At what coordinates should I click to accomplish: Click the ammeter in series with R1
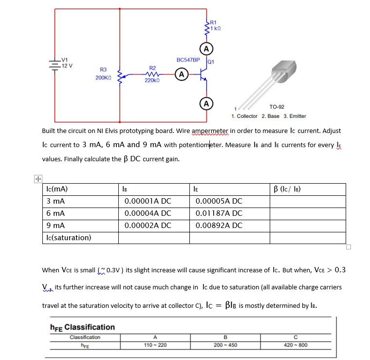pos(206,49)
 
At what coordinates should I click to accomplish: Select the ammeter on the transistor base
pos(181,75)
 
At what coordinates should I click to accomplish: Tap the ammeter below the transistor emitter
pos(206,103)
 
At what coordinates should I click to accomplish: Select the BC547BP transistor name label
pos(188,60)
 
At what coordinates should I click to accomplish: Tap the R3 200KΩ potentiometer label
pos(103,74)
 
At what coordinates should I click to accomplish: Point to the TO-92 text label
pos(277,107)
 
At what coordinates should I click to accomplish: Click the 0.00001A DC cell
pos(148,201)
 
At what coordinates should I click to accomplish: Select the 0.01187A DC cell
pos(219,213)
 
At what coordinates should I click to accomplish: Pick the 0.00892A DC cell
pos(219,226)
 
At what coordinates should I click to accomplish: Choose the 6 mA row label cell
pos(56,213)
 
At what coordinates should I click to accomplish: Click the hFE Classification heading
pos(82,327)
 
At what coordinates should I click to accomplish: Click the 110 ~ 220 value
pos(155,345)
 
